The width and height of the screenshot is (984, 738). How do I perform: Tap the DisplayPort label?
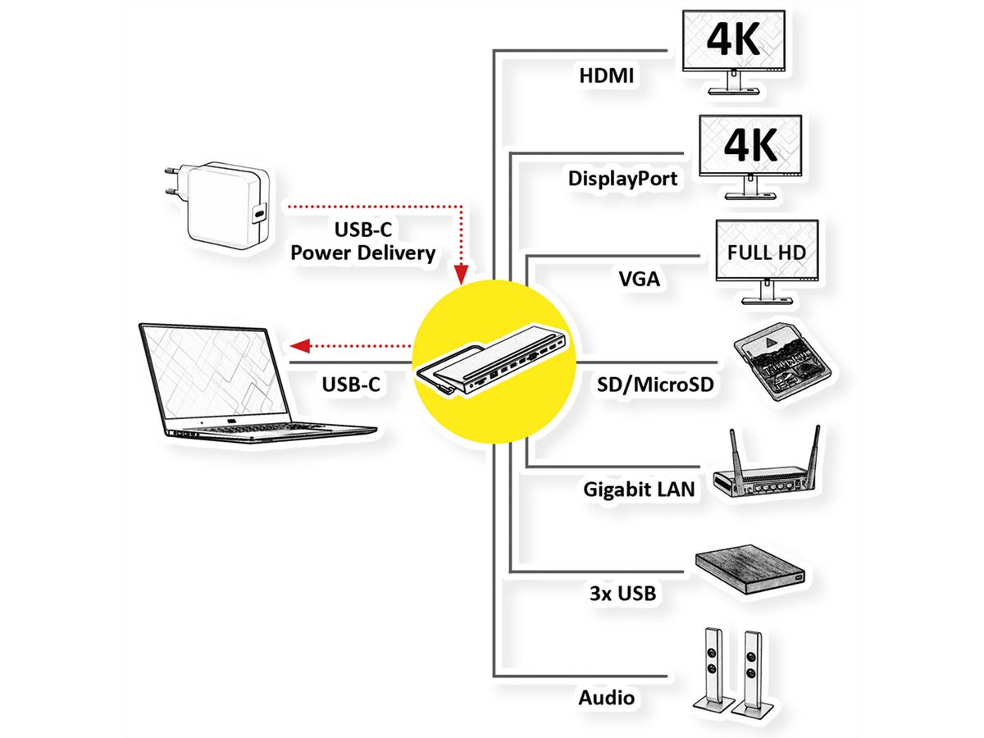(x=623, y=178)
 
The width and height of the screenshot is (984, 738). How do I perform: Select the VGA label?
(x=640, y=279)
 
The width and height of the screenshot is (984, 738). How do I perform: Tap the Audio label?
(x=607, y=698)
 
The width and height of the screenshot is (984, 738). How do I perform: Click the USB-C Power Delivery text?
(x=362, y=242)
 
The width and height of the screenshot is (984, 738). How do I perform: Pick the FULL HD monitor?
(x=766, y=255)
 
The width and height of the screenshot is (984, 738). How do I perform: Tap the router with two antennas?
(x=768, y=476)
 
